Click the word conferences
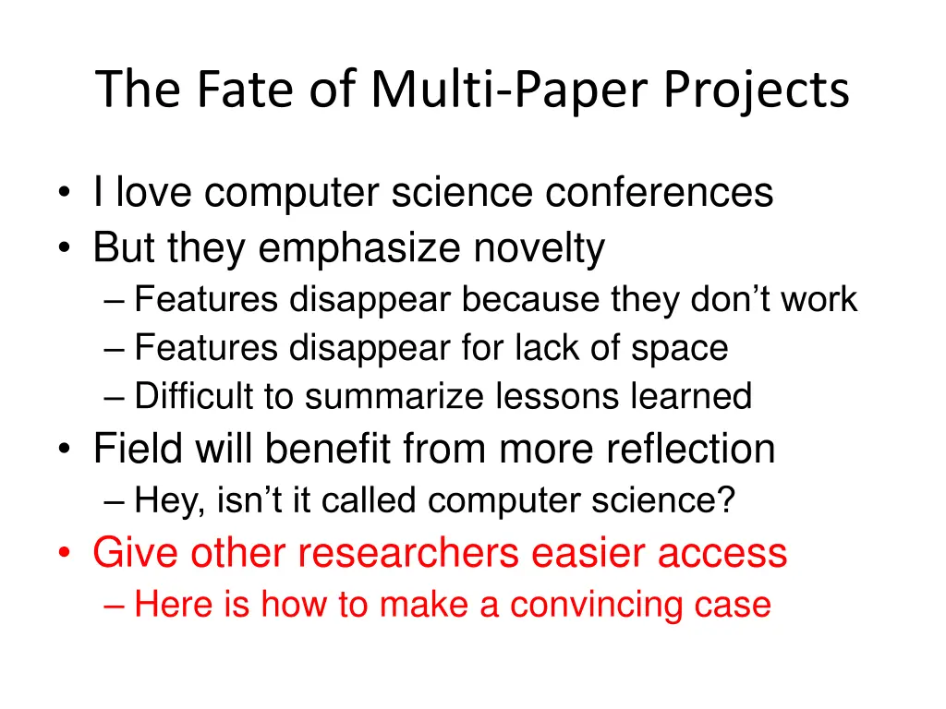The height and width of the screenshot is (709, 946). pyautogui.click(x=659, y=193)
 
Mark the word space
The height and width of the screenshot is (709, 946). pyautogui.click(x=680, y=348)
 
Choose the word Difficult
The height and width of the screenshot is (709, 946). pyautogui.click(x=193, y=396)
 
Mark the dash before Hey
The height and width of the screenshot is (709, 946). pyautogui.click(x=115, y=503)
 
